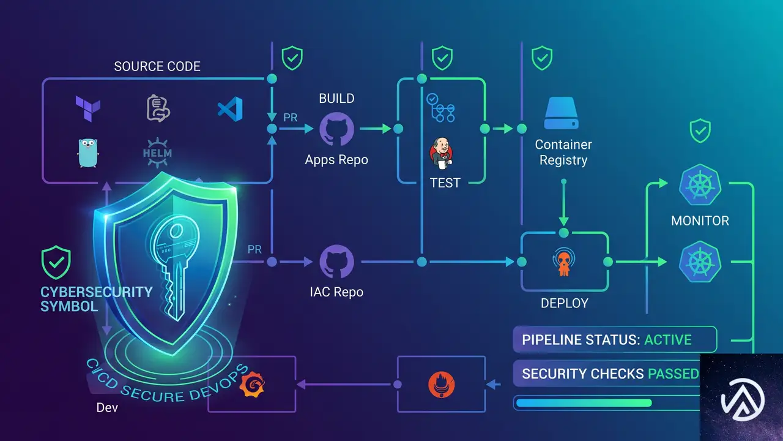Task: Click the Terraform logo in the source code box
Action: coord(87,109)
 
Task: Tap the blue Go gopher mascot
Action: coord(87,153)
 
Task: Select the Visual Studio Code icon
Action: coord(231,109)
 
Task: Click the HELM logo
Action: coord(157,153)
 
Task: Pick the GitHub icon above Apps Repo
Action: coord(336,129)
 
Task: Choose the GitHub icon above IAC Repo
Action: coord(336,262)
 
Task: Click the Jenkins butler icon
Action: coord(441,154)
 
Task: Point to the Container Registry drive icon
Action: coord(562,113)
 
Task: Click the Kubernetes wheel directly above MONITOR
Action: coord(700,184)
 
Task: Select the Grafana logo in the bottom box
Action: coord(252,384)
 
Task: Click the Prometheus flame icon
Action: coord(442,385)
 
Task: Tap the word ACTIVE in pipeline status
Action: coord(667,340)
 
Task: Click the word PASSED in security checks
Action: coord(674,374)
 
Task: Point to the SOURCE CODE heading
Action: coord(157,66)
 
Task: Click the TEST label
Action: coord(445,183)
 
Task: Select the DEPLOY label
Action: coord(565,303)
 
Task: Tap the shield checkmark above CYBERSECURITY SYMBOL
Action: coord(56,262)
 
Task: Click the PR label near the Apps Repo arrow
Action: coord(290,118)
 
